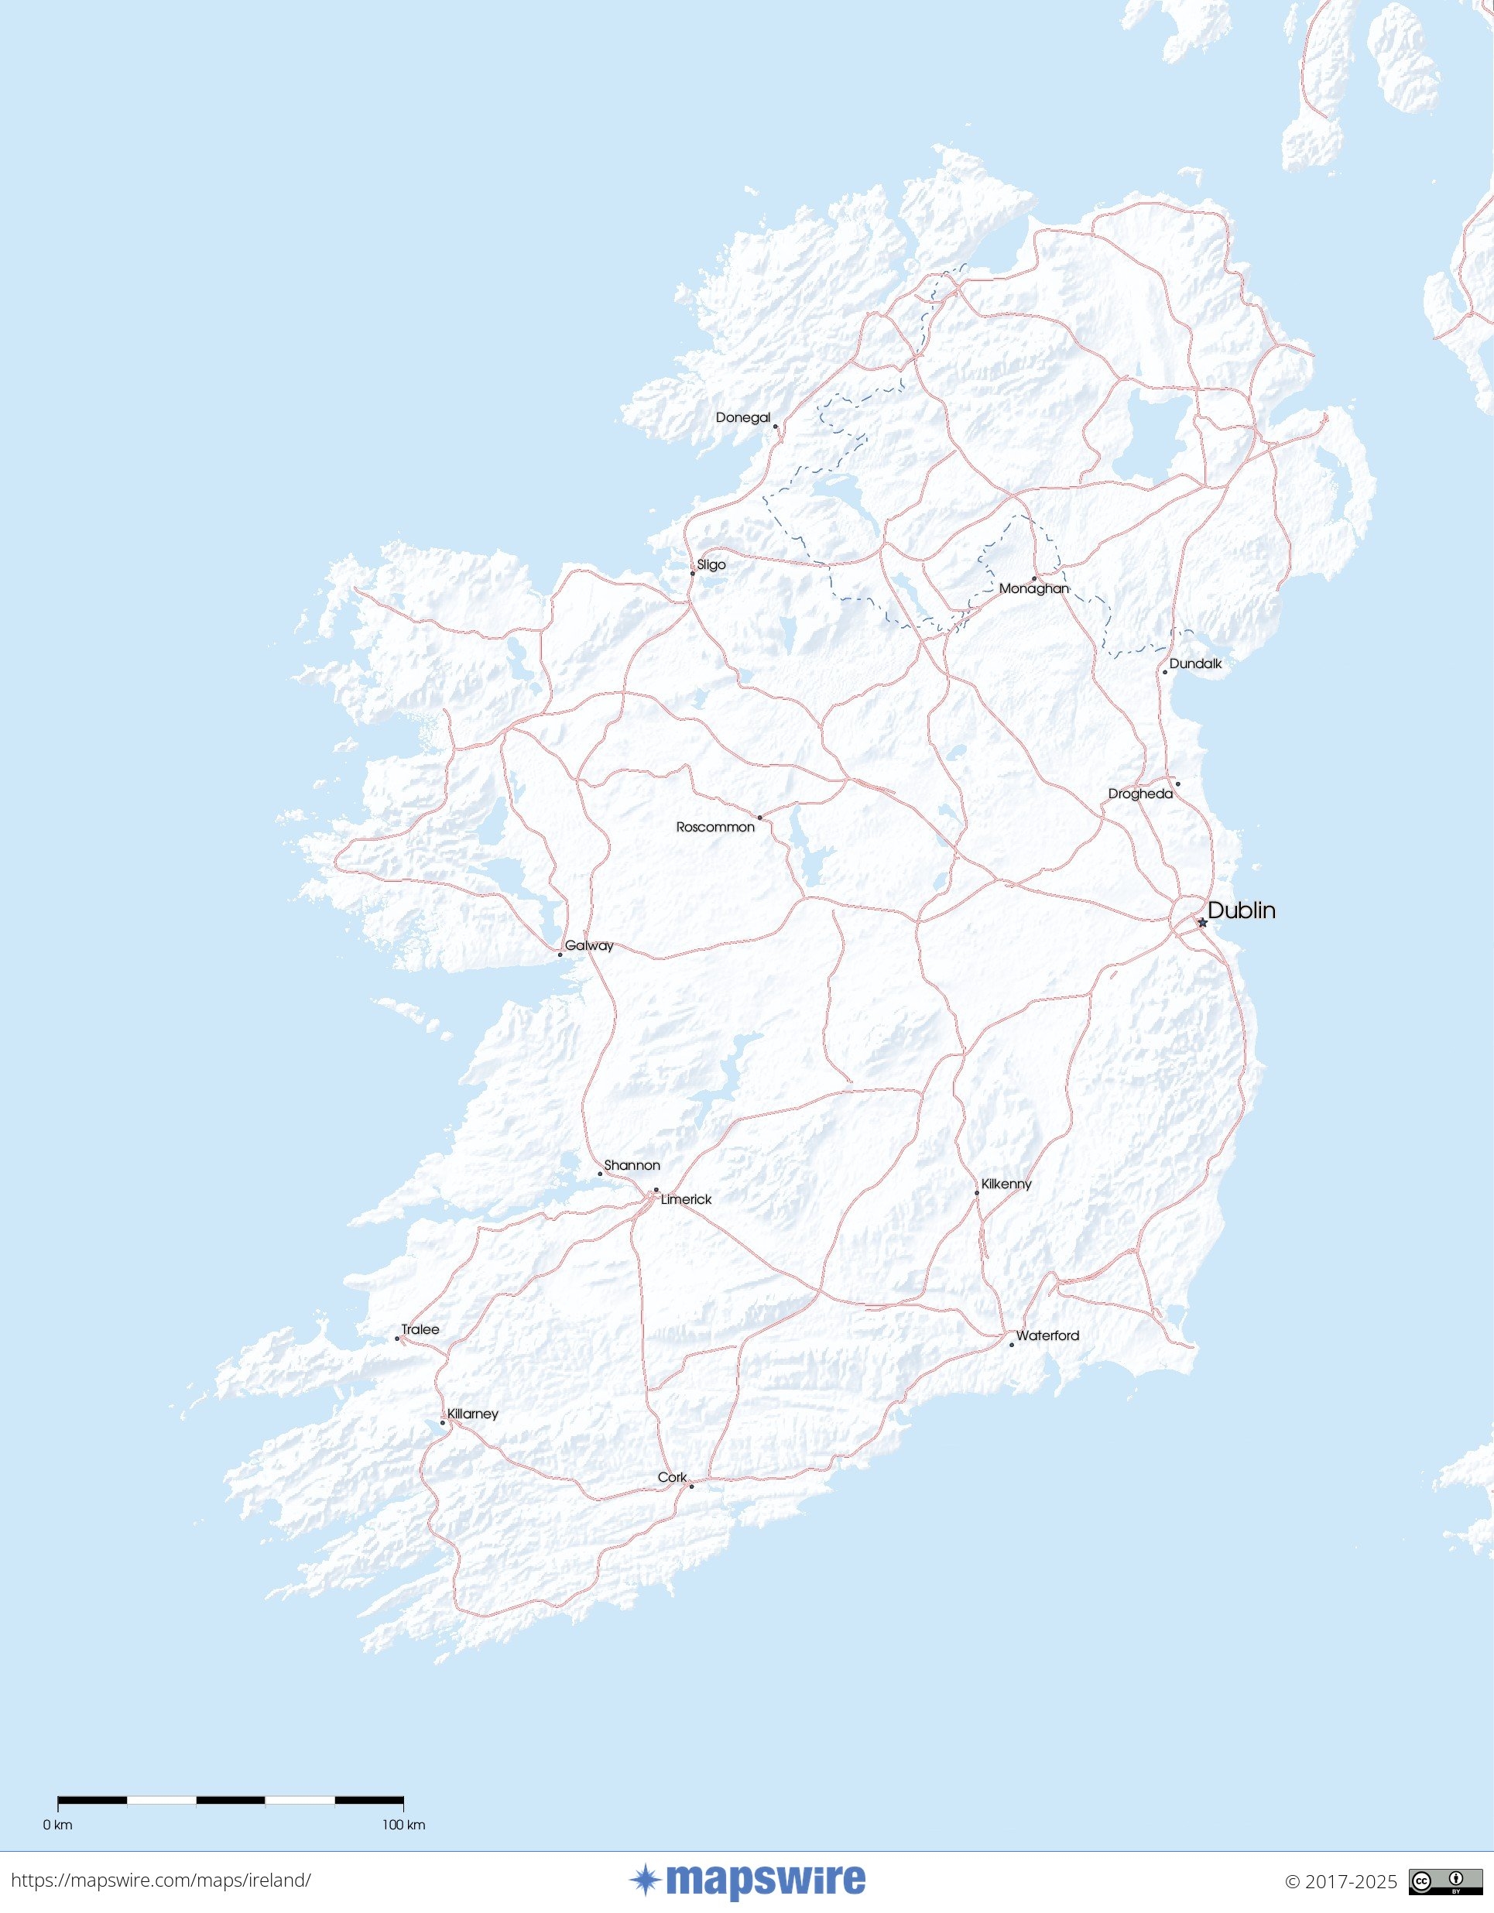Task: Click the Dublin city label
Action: (x=1241, y=910)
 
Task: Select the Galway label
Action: (x=588, y=945)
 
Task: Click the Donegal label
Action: (x=742, y=417)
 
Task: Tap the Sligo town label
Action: (x=711, y=564)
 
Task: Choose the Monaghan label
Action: (x=1033, y=588)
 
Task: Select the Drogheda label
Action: (x=1139, y=794)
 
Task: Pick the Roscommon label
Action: (x=714, y=827)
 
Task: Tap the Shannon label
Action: (x=632, y=1165)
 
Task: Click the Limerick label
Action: (x=686, y=1199)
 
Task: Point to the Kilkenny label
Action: (x=1006, y=1184)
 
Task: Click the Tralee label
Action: (x=420, y=1328)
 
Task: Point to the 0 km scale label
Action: (x=58, y=1825)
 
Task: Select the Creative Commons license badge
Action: (x=1433, y=1880)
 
